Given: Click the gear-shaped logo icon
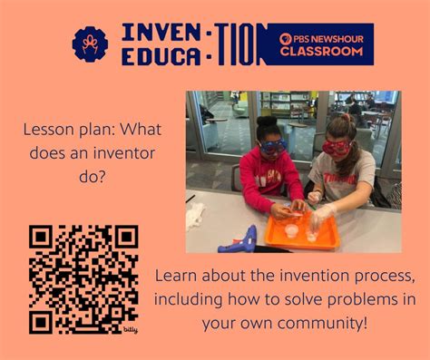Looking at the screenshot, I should tap(90, 44).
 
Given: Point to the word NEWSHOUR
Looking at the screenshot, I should tap(333, 39).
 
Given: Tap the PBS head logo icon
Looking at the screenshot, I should tap(286, 39).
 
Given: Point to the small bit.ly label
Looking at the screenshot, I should tap(131, 329).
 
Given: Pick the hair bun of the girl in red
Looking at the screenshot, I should tap(265, 121).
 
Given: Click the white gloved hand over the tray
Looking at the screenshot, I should tap(321, 218).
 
